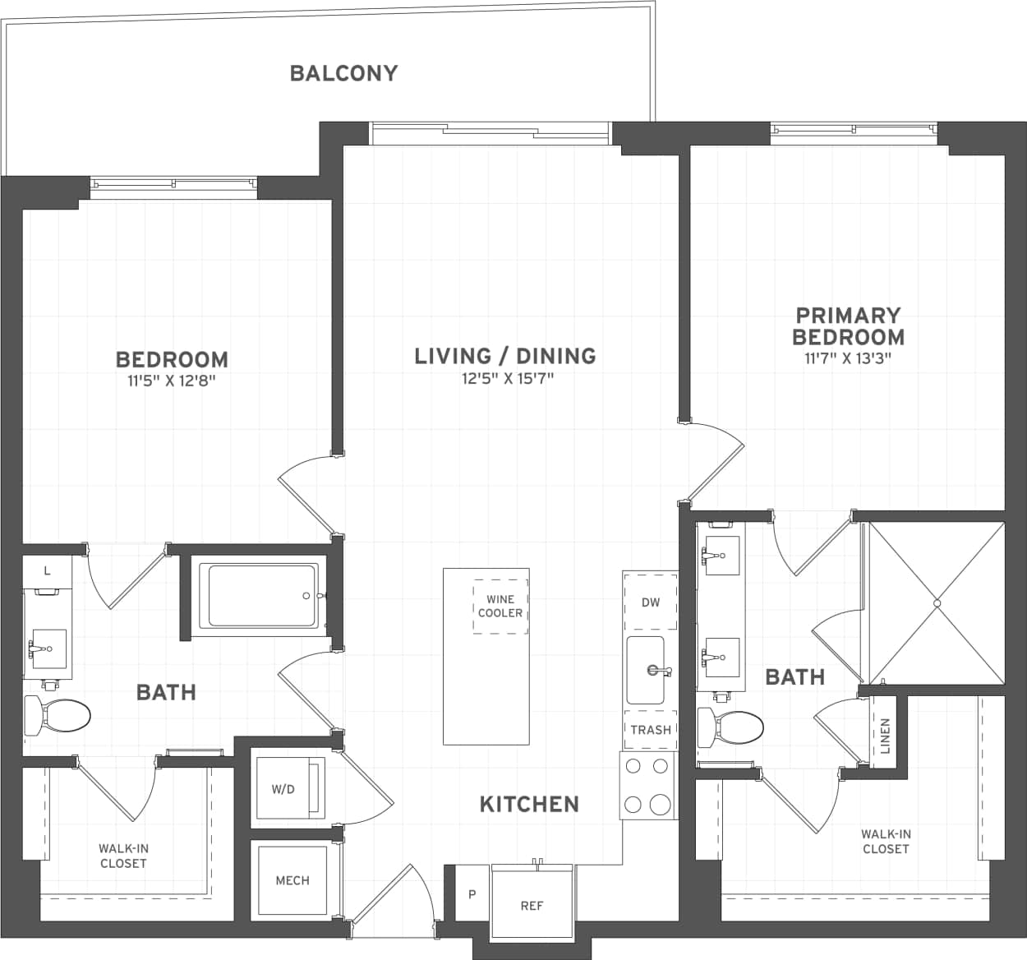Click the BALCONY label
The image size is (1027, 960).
(343, 73)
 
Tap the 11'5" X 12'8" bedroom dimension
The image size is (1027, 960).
(172, 381)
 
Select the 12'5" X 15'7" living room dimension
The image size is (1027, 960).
(507, 379)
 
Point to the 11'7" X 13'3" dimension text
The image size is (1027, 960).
(848, 358)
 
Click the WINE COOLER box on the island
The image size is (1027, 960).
(500, 607)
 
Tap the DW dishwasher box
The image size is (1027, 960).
(650, 602)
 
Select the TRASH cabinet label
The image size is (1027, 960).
(650, 730)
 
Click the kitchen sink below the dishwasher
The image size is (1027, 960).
(647, 670)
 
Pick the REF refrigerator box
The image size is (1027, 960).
(532, 905)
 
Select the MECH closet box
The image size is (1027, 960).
(292, 880)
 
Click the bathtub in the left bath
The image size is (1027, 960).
(263, 596)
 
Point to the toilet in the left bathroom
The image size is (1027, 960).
(57, 715)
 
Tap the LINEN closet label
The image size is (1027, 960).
(885, 736)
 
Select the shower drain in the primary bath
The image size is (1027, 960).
(936, 603)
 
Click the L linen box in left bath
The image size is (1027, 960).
(47, 570)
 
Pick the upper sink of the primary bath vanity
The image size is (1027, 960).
(721, 556)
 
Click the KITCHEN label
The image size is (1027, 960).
(529, 804)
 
